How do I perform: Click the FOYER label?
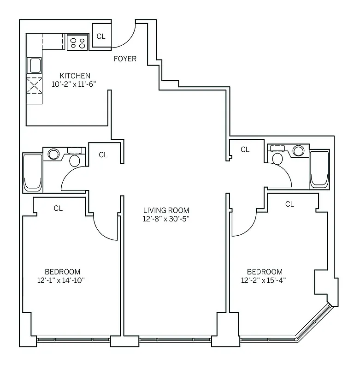125,59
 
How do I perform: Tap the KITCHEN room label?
75,76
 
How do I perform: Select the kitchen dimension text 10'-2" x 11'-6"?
75,84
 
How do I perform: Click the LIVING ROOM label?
166,210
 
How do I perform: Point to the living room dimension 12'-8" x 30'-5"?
166,219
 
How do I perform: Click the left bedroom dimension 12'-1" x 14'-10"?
62,280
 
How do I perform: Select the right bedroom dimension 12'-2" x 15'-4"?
265,280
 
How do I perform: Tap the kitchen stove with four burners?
77,42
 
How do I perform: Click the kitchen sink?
35,65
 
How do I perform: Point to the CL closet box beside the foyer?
101,36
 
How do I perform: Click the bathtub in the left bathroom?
33,173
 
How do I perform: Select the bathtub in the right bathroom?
319,169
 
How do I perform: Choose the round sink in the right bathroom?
298,151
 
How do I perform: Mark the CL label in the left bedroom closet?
58,208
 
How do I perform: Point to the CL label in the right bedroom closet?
289,204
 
